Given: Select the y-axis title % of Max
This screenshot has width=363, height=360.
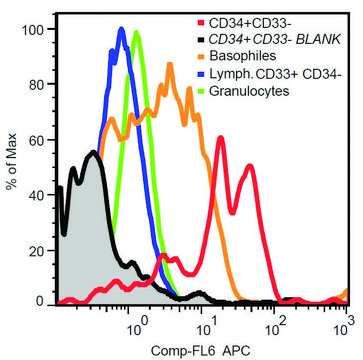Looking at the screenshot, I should coord(12,165).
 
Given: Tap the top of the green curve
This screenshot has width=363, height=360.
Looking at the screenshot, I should coord(136,33).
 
